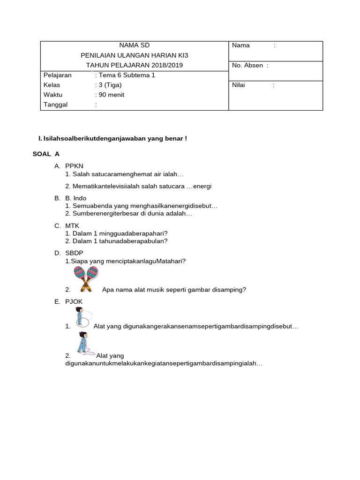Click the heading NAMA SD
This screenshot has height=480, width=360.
(x=135, y=45)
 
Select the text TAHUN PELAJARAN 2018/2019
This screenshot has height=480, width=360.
(x=135, y=65)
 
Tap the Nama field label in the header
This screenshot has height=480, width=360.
(x=240, y=45)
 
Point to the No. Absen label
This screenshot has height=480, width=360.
(x=247, y=66)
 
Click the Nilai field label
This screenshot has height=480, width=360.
(x=239, y=85)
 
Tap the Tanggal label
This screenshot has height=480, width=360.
(x=56, y=105)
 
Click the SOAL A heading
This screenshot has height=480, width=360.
(x=46, y=154)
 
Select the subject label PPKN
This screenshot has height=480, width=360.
(x=75, y=166)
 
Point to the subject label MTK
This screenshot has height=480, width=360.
(x=73, y=226)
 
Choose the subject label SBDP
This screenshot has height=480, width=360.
(x=74, y=253)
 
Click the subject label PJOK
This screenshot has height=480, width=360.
(x=74, y=302)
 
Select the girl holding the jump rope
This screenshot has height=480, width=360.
(x=85, y=343)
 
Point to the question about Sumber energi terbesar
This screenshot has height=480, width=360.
(x=129, y=213)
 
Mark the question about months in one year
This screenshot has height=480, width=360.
(x=116, y=241)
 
